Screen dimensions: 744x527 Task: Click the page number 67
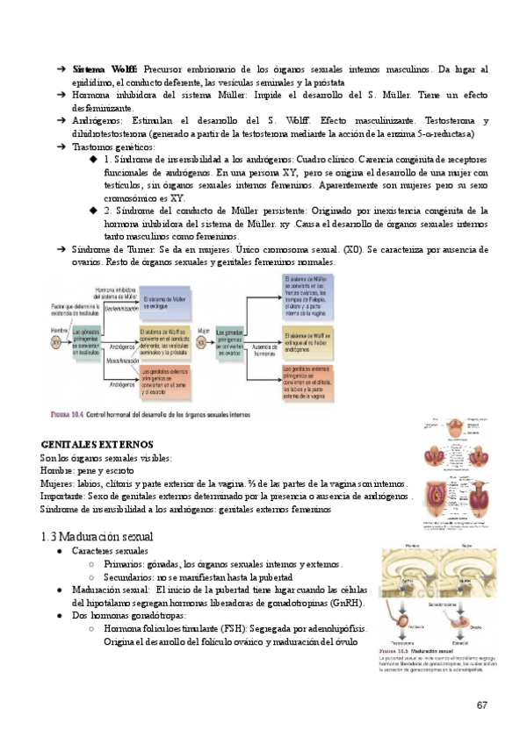[x=482, y=705]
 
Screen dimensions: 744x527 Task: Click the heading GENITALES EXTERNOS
[x=97, y=445]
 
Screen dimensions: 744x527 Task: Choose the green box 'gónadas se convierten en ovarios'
[x=233, y=339]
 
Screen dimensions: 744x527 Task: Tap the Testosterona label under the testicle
[x=401, y=642]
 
